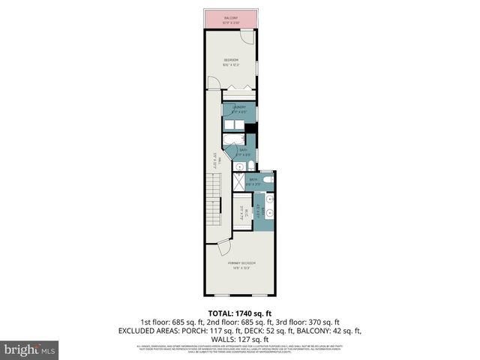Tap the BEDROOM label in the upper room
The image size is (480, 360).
(x=230, y=61)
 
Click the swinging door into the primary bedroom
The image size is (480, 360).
(x=224, y=247)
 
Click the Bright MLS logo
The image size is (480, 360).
(x=30, y=349)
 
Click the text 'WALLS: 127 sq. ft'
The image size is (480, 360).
(x=239, y=339)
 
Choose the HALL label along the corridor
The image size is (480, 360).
(x=215, y=159)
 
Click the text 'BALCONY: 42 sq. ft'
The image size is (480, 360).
(x=329, y=330)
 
